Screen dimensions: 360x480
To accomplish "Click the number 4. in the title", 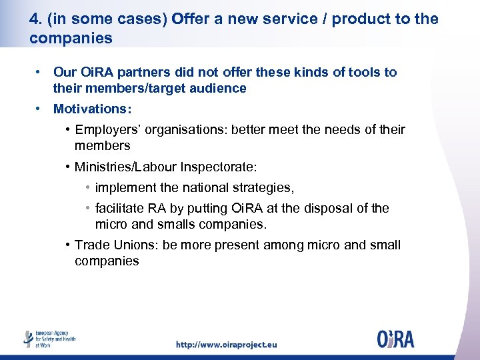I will click(x=36, y=19).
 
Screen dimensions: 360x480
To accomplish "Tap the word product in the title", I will click(x=360, y=19).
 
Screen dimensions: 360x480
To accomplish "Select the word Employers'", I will click(x=107, y=129).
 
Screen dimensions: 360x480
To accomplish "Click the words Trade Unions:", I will click(x=117, y=245).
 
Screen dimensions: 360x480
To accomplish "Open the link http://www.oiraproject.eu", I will click(x=226, y=345).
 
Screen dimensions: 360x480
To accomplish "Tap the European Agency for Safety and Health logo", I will click(x=49, y=339).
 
